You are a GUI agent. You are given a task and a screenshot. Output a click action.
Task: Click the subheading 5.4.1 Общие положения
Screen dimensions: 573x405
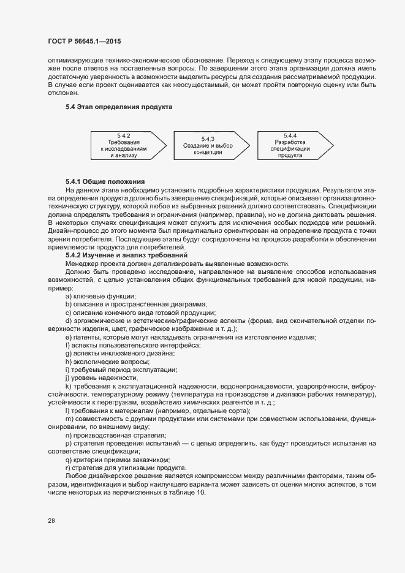[x=105, y=182]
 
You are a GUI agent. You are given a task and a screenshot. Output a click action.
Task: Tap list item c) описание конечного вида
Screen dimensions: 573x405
[x=131, y=313]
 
